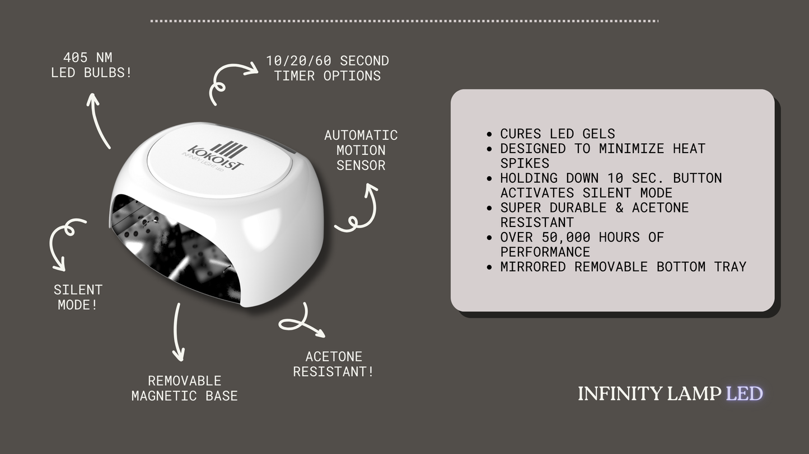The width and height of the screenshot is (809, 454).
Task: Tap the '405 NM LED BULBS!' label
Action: pyautogui.click(x=91, y=65)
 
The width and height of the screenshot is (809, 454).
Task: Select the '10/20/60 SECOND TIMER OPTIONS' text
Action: pyautogui.click(x=328, y=68)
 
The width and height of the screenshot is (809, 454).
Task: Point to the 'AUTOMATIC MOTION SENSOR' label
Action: pyautogui.click(x=361, y=150)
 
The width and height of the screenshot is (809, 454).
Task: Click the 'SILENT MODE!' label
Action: pyautogui.click(x=78, y=297)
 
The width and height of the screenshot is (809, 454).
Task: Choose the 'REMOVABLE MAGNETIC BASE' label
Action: pyautogui.click(x=184, y=388)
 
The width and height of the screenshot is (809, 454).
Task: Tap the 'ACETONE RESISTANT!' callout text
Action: pyautogui.click(x=334, y=364)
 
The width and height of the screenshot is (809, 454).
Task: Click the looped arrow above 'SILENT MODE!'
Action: pyautogui.click(x=64, y=240)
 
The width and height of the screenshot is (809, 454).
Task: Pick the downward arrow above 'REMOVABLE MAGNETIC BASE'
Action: pyautogui.click(x=177, y=333)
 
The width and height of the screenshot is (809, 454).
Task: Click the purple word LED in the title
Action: pyautogui.click(x=744, y=394)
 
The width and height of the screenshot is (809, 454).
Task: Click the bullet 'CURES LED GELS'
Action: pyautogui.click(x=558, y=134)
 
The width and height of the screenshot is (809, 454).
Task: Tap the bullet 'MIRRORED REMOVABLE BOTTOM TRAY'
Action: pyautogui.click(x=623, y=267)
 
